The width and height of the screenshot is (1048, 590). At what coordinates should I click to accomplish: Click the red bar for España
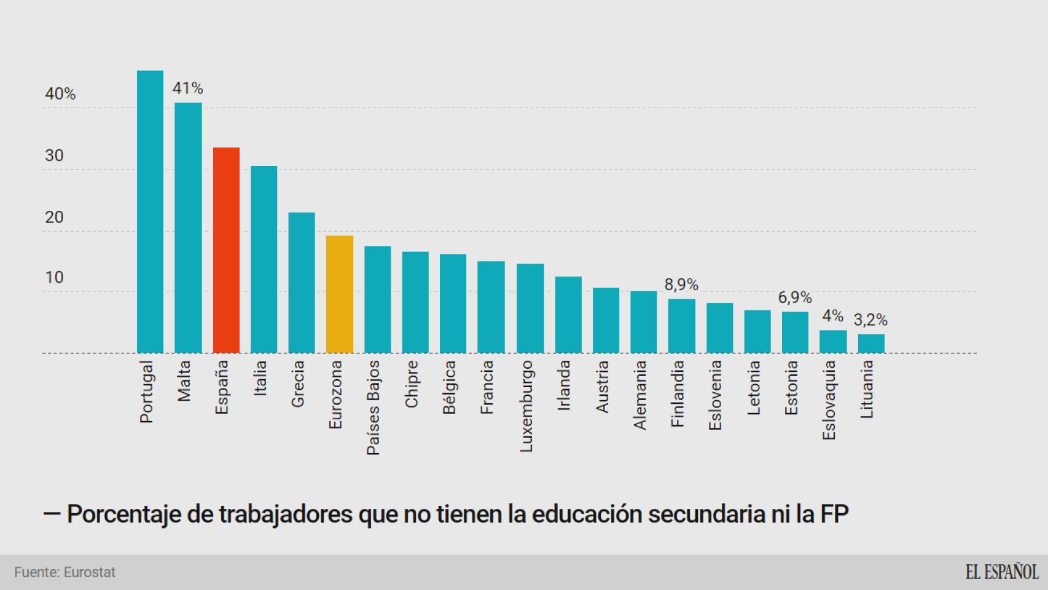click(226, 250)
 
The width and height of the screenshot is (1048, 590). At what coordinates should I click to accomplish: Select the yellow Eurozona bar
click(339, 294)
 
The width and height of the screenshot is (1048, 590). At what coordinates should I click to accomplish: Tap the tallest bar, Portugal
click(150, 212)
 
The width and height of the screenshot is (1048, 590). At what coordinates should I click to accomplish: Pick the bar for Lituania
click(871, 344)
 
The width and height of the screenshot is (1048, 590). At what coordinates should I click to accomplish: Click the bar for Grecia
click(302, 283)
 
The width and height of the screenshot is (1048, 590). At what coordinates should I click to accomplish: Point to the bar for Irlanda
click(568, 315)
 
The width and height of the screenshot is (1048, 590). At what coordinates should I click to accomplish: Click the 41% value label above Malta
click(187, 88)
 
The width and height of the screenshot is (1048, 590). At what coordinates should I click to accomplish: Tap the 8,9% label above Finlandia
click(681, 285)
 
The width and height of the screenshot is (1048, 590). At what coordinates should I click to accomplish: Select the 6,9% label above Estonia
click(795, 298)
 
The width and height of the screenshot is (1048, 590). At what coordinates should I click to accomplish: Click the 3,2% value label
click(870, 320)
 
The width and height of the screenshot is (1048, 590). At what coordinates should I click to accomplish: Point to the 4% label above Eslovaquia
click(832, 317)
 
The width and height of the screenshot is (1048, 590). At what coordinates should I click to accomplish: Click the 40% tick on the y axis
click(60, 94)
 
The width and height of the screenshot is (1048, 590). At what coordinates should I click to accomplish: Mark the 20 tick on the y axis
click(54, 218)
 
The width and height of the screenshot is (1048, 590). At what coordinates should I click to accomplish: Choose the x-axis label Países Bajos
click(373, 408)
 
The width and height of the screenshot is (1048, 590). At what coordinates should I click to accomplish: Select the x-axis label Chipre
click(411, 384)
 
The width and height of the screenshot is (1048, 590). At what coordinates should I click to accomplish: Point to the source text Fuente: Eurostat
click(65, 572)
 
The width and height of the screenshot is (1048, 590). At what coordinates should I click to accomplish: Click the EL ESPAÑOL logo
click(1001, 572)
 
